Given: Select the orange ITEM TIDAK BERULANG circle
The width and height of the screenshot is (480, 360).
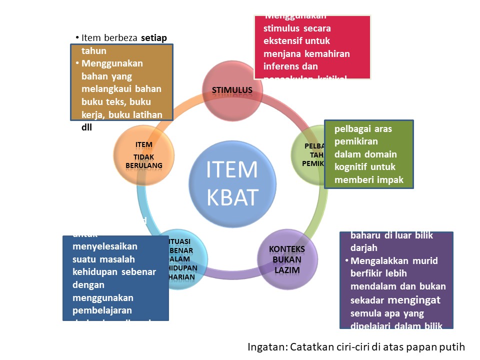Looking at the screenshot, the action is (144, 154).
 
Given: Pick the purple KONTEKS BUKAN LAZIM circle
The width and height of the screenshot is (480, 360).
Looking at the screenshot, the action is (287, 258).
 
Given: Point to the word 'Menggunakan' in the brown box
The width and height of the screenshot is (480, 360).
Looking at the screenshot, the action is (112, 63).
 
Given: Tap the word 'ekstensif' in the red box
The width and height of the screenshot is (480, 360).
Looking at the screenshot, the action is (284, 41).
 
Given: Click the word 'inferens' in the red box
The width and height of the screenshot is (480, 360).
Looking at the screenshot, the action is (282, 66).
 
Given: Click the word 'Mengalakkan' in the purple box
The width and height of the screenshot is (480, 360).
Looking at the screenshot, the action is (379, 261).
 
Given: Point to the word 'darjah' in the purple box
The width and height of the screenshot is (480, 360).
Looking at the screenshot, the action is (362, 247).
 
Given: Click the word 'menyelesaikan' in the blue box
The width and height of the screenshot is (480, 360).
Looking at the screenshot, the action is (105, 246).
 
